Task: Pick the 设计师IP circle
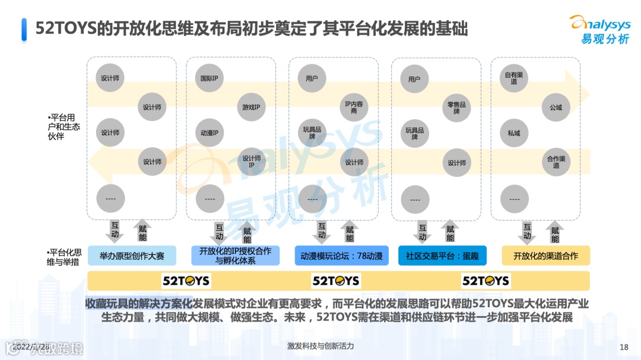[x=251, y=161]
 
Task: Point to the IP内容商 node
[x=354, y=107]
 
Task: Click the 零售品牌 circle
[x=456, y=107]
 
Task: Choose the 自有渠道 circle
[x=514, y=78]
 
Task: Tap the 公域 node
[x=556, y=107]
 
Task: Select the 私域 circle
[x=514, y=133]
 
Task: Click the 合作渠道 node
[x=556, y=161]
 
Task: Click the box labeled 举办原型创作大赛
[x=132, y=256]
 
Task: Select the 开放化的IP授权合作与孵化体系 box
[x=235, y=256]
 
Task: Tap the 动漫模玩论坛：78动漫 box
[x=341, y=256]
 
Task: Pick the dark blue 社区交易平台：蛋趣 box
[x=442, y=256]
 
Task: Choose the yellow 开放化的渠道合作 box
[x=545, y=256]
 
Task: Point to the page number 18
[x=623, y=347]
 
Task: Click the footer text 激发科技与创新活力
[x=320, y=346]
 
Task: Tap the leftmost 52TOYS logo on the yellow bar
[x=186, y=281]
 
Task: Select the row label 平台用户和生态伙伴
[x=64, y=127]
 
